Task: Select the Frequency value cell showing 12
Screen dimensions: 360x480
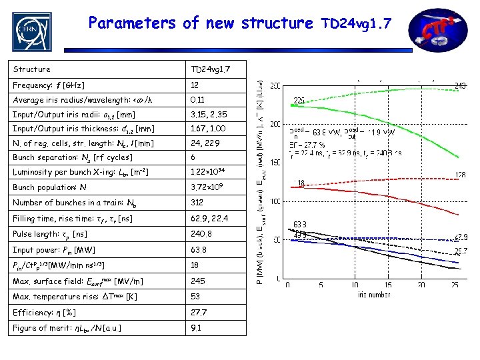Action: pyautogui.click(x=195, y=85)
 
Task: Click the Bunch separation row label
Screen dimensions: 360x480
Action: pyautogui.click(x=73, y=157)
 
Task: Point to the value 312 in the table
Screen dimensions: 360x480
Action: pyautogui.click(x=198, y=202)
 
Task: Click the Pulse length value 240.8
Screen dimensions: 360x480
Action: pyautogui.click(x=201, y=235)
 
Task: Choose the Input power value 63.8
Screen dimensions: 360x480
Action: pyautogui.click(x=199, y=249)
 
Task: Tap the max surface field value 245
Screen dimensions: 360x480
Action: pyautogui.click(x=198, y=281)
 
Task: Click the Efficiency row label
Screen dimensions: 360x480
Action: pyautogui.click(x=44, y=312)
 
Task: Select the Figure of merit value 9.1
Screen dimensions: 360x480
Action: pyautogui.click(x=197, y=327)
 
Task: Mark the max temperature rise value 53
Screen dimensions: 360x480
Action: pyautogui.click(x=196, y=296)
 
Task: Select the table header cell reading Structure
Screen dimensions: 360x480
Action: pyautogui.click(x=32, y=69)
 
